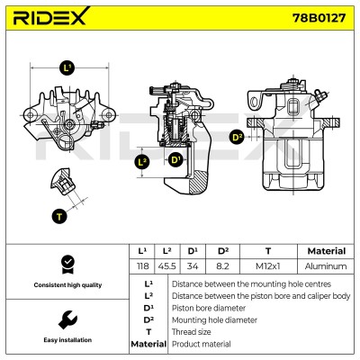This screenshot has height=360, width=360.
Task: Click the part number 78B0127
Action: point(319,18)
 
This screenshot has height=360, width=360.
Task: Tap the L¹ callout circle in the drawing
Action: point(67,67)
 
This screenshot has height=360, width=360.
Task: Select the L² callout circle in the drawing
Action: point(142,163)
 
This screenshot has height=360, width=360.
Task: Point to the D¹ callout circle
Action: point(175,159)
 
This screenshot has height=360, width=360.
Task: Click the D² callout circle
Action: point(237,138)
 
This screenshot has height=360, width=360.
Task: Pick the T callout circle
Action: point(59,216)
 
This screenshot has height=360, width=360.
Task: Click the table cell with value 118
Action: point(142,266)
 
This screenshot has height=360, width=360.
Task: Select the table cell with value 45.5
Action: point(167,266)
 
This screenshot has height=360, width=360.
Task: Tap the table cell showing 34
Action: point(193,266)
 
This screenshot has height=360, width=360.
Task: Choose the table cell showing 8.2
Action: point(222,266)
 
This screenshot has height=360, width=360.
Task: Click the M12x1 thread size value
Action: point(268,266)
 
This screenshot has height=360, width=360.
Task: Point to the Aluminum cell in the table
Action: point(326,266)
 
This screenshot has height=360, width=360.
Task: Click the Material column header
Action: point(327,251)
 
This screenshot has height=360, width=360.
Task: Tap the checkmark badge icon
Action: point(67,265)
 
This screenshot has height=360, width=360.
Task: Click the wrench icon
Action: point(67,319)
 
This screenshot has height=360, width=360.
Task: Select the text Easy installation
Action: point(67,340)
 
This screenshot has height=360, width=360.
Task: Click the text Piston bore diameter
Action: point(209,308)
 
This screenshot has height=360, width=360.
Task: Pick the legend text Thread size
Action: point(191,332)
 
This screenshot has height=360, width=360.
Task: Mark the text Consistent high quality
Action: point(67,285)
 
